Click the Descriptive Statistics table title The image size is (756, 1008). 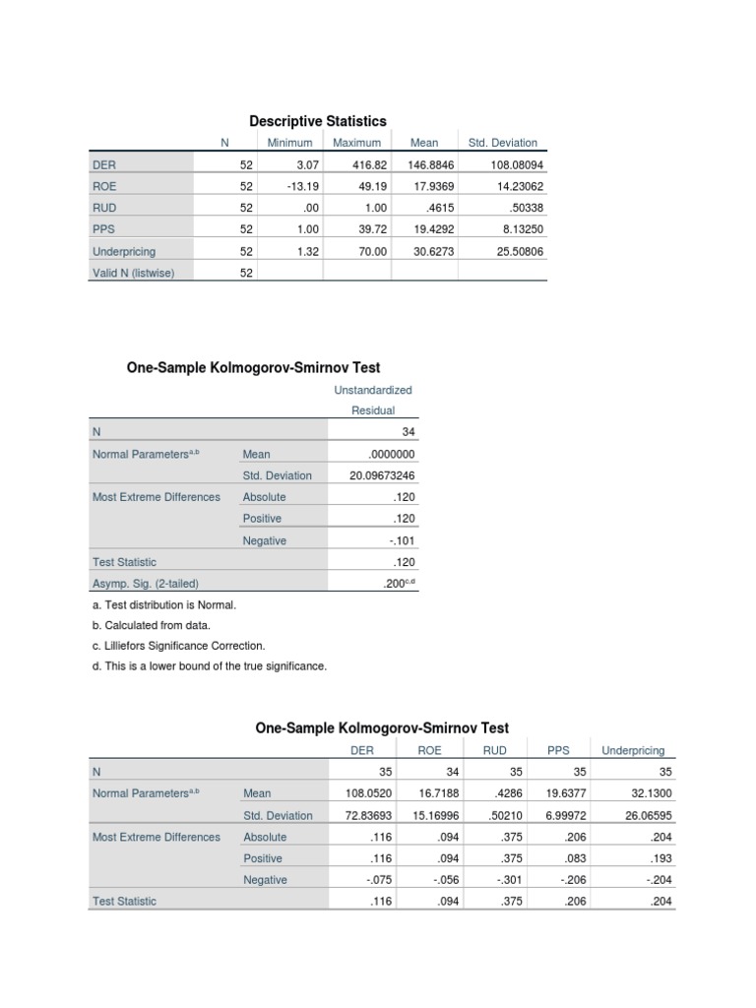pyautogui.click(x=317, y=120)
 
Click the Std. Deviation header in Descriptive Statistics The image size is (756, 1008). pyautogui.click(x=503, y=143)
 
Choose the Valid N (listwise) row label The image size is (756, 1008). pyautogui.click(x=133, y=274)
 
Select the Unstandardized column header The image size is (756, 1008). pyautogui.click(x=373, y=390)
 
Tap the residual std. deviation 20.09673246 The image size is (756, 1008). pyautogui.click(x=382, y=475)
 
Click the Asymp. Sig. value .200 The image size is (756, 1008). pyautogui.click(x=397, y=583)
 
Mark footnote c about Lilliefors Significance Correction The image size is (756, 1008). pyautogui.click(x=177, y=646)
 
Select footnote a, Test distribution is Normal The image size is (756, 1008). pyautogui.click(x=150, y=603)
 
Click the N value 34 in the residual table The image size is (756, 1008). pyautogui.click(x=409, y=432)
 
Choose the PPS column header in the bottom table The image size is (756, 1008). pyautogui.click(x=558, y=750)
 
